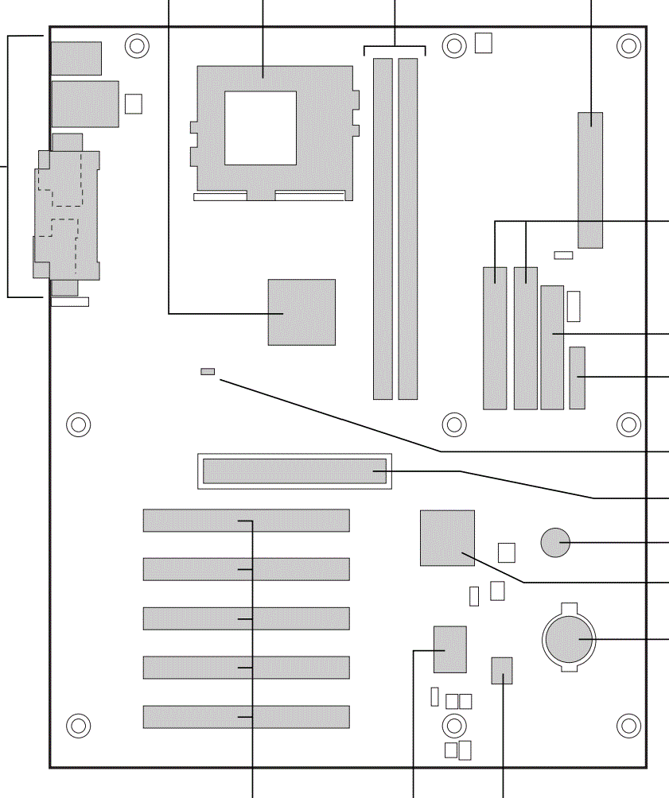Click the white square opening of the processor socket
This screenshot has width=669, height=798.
[x=260, y=127]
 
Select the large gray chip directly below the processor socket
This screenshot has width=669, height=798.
[x=301, y=312]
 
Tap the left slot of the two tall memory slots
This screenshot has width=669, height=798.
[x=383, y=228]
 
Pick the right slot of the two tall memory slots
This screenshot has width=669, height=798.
[x=408, y=228]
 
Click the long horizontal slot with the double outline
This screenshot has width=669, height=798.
[x=294, y=471]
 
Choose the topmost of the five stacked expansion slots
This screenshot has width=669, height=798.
[x=246, y=521]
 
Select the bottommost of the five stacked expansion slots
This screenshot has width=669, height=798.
[x=246, y=716]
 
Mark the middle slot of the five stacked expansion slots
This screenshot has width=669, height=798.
[x=246, y=618]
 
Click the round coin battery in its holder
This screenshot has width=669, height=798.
[x=569, y=638]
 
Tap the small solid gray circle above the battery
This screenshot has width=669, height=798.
[x=555, y=543]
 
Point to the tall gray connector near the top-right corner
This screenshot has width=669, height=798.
[x=590, y=180]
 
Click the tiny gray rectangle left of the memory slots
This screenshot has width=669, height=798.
[x=208, y=371]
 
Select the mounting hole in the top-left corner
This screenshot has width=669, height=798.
[x=137, y=46]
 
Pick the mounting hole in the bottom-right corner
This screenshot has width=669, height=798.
[x=628, y=725]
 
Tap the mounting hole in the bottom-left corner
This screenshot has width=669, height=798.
[x=77, y=725]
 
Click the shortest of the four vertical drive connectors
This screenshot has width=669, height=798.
[x=577, y=378]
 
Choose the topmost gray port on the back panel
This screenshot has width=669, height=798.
[x=76, y=58]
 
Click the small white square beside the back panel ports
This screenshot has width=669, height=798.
[x=134, y=103]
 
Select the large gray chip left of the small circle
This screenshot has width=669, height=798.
[x=447, y=538]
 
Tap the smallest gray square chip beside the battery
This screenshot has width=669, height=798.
[x=502, y=670]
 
